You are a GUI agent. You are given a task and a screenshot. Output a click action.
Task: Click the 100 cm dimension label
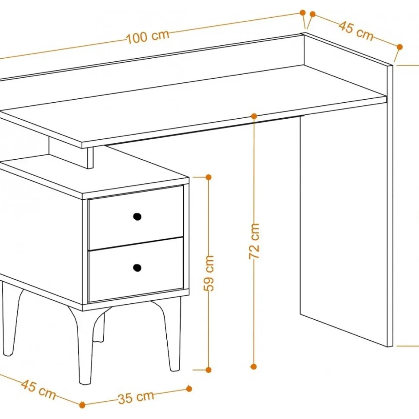(147, 37)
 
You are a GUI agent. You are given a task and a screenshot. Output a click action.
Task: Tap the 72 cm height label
(254, 241)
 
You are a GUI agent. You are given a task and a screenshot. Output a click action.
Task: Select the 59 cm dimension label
(209, 273)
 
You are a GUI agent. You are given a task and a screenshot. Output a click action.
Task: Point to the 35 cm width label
(136, 397)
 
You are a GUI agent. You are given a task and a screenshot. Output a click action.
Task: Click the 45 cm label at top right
(356, 31)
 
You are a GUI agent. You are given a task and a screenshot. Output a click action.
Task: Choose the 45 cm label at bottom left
(38, 389)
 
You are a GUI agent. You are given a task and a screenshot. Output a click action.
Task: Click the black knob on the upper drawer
(137, 217)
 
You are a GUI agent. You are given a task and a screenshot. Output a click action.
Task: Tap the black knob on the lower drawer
(137, 268)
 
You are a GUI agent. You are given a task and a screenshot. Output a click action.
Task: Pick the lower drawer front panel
(136, 269)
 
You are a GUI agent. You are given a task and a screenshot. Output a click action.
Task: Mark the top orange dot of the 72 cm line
(254, 116)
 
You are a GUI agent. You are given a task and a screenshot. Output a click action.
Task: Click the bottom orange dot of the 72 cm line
(254, 367)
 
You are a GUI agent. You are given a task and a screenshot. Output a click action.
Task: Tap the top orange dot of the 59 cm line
(209, 177)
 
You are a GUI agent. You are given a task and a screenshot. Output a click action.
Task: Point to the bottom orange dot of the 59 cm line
(209, 370)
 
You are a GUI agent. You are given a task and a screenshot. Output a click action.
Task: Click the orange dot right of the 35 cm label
(189, 388)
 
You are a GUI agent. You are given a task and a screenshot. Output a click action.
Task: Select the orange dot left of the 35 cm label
(83, 405)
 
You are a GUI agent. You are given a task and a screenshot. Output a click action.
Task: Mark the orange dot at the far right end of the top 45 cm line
(400, 47)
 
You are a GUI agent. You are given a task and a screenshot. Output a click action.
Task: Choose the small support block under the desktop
(71, 153)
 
